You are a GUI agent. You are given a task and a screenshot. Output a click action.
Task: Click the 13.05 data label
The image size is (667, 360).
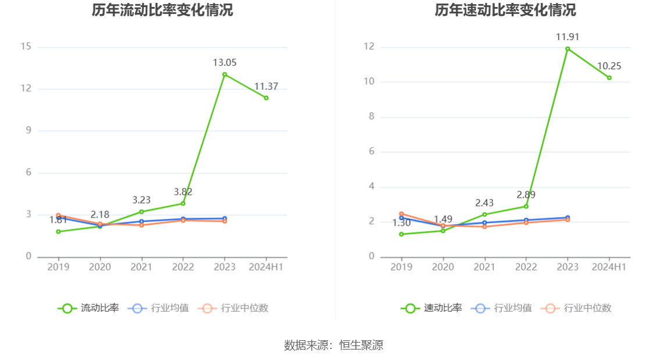click(x=224, y=63)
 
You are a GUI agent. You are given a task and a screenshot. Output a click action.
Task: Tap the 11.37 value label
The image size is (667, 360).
click(x=266, y=87)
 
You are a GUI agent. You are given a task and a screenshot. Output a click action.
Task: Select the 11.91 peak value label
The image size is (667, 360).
click(x=568, y=37)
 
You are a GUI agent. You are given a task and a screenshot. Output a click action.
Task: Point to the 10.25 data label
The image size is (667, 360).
click(x=609, y=66)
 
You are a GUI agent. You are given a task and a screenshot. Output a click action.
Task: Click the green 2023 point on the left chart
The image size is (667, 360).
click(x=224, y=74)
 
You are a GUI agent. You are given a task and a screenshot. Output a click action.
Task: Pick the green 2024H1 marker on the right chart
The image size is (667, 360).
click(x=609, y=77)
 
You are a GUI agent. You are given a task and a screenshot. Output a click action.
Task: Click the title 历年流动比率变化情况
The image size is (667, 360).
click(x=162, y=10)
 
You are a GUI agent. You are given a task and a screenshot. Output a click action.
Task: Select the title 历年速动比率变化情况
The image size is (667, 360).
click(x=505, y=10)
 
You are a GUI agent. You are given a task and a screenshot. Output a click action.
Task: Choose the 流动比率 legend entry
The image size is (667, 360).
click(x=88, y=308)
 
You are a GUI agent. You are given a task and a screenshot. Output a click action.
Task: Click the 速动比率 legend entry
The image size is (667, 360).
click(x=431, y=308)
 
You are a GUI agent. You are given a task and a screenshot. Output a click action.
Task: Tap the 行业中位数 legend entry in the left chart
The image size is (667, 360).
click(x=233, y=308)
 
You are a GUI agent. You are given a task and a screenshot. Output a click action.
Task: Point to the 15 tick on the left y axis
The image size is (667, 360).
click(x=26, y=47)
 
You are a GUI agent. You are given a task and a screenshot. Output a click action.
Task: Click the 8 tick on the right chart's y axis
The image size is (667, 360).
click(x=372, y=117)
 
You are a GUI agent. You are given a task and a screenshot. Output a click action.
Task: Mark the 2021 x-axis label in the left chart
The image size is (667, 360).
click(x=141, y=267)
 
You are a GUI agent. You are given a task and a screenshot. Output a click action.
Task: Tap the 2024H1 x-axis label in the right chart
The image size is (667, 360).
click(x=609, y=267)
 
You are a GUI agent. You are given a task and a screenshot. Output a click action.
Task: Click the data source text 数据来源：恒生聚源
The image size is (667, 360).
click(x=333, y=345)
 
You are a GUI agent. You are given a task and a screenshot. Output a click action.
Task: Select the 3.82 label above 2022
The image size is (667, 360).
click(x=183, y=192)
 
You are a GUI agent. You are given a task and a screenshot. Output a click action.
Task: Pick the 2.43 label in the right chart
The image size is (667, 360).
click(x=484, y=203)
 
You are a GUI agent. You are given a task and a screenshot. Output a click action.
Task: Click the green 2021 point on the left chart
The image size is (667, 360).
click(x=141, y=212)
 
